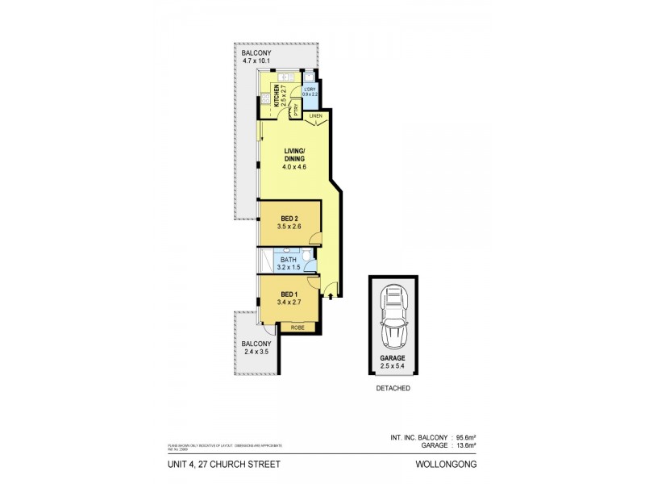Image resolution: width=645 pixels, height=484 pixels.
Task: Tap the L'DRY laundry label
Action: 310,90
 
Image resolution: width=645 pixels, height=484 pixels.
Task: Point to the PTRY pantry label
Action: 296,111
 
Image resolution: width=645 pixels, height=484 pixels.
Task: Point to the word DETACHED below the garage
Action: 393,388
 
